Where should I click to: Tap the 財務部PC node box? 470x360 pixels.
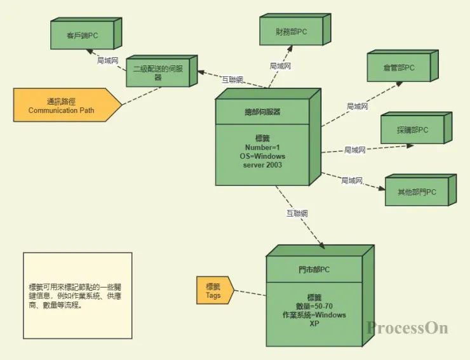point(291,32)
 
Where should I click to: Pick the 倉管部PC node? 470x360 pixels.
point(399,68)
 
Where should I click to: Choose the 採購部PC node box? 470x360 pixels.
point(412,130)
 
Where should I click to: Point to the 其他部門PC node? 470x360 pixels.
point(417,192)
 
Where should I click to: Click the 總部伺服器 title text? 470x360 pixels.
point(262,112)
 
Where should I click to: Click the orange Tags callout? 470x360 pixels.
point(213,291)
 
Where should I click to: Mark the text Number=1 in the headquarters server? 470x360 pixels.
point(264,147)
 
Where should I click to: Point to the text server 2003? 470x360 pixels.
point(264,165)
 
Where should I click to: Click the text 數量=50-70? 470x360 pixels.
point(314,306)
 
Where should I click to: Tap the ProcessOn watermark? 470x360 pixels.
point(407,328)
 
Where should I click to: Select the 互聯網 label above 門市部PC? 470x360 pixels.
point(297,213)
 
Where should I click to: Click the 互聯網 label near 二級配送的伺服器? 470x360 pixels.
point(232,79)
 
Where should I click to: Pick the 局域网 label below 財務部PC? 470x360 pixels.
point(280,65)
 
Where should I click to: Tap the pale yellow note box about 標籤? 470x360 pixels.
point(77,295)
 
